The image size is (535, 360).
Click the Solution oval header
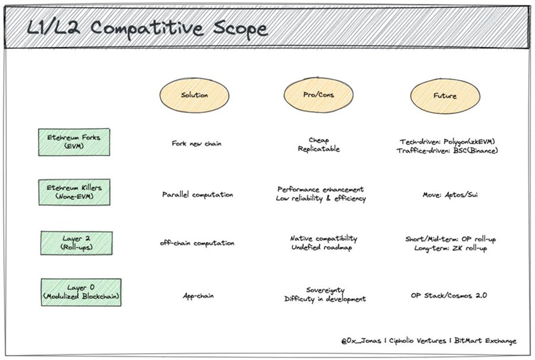(194, 95)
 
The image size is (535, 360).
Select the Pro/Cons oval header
(318, 95)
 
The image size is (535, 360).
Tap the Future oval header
(445, 96)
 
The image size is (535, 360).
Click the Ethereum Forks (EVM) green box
(74, 142)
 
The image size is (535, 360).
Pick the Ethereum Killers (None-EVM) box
(74, 192)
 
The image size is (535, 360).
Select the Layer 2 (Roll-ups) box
(76, 243)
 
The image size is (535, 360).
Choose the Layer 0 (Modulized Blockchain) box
(81, 292)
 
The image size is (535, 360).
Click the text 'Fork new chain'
(197, 144)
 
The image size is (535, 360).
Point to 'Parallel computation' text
(198, 195)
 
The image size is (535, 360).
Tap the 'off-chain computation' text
(197, 243)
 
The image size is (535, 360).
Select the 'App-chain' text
(198, 296)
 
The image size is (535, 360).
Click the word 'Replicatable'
(319, 149)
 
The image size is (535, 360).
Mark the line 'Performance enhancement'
(320, 189)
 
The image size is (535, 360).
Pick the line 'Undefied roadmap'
(321, 247)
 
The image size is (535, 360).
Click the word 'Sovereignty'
(325, 290)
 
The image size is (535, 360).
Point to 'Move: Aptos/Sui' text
(450, 195)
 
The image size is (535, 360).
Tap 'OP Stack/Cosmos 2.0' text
(449, 296)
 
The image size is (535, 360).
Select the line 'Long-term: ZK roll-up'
(451, 248)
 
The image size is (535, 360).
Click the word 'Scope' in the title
(240, 28)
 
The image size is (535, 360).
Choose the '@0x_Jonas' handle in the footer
(361, 340)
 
